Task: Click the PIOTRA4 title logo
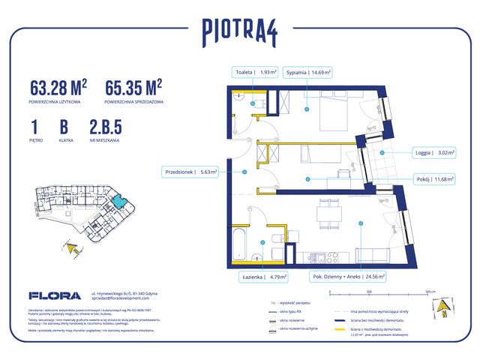click(x=240, y=31)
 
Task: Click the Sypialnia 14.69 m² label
click(x=307, y=73)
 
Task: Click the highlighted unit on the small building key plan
click(x=118, y=201)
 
